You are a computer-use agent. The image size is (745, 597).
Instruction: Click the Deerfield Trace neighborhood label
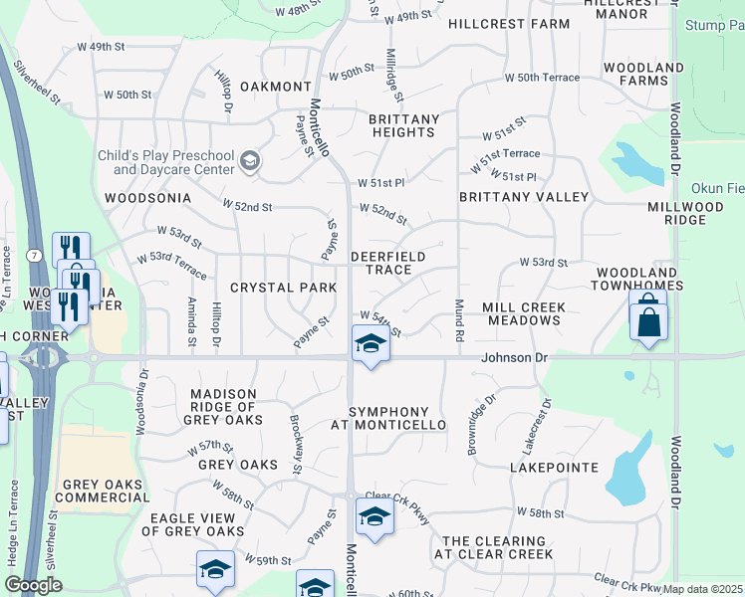pos(388,263)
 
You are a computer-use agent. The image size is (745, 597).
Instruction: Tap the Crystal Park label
pos(275,288)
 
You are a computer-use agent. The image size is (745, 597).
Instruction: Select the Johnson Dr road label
pos(515,355)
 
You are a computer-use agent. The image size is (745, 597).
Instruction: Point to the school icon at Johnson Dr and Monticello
pos(371,344)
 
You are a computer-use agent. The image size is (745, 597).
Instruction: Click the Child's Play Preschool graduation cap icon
pos(250,161)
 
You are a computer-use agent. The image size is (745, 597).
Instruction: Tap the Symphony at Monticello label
pos(388,419)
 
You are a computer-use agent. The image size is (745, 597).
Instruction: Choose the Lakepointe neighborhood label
pos(554,467)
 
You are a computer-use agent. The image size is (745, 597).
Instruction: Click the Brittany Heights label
pos(403,126)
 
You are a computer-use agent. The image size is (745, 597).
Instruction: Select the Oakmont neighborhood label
pos(275,87)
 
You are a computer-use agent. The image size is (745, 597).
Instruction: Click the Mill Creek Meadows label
pos(523,314)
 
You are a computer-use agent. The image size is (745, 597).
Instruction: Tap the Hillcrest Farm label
pos(509,23)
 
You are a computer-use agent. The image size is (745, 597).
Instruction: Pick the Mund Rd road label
pos(459,320)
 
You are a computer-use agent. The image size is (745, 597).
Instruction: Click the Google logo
pos(33,585)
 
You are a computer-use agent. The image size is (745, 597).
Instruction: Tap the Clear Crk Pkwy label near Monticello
pos(397,497)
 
